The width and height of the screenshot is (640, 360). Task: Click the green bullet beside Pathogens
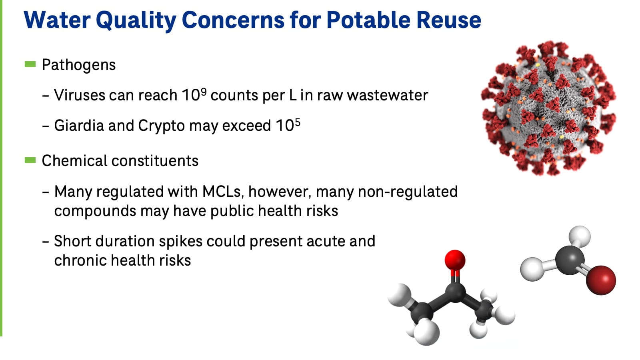(x=30, y=64)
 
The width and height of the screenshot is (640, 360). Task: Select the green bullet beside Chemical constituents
(x=30, y=160)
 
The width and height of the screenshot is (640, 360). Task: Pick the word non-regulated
(x=408, y=192)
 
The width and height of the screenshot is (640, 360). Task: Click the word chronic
(x=80, y=260)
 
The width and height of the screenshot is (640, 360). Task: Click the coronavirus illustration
(x=548, y=108)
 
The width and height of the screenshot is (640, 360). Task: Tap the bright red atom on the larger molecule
(x=455, y=260)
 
